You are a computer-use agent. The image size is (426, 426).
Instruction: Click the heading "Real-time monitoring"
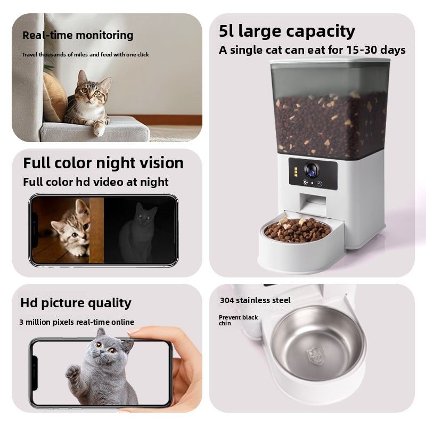coord(78,35)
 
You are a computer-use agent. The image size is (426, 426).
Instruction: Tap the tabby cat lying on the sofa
coord(88,103)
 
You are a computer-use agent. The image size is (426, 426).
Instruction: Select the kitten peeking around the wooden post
coord(71,228)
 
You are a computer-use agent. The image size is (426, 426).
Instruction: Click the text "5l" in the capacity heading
coord(226,31)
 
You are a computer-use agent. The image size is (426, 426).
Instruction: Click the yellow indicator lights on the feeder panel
coord(296,172)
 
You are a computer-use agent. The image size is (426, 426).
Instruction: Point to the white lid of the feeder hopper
coord(330,61)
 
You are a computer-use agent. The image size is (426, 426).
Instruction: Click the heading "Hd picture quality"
coord(76,303)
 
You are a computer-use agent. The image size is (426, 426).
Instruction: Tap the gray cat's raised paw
coord(73,372)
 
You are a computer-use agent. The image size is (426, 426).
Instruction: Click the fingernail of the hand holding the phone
coord(134,331)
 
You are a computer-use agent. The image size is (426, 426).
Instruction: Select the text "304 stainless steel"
coord(255,300)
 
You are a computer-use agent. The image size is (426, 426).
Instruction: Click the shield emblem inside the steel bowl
coord(315,356)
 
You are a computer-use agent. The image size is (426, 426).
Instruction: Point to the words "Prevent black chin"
coord(238,321)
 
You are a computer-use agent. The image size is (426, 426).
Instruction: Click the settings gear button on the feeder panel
coord(305,183)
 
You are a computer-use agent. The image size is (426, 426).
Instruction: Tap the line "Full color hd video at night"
coord(96,182)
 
